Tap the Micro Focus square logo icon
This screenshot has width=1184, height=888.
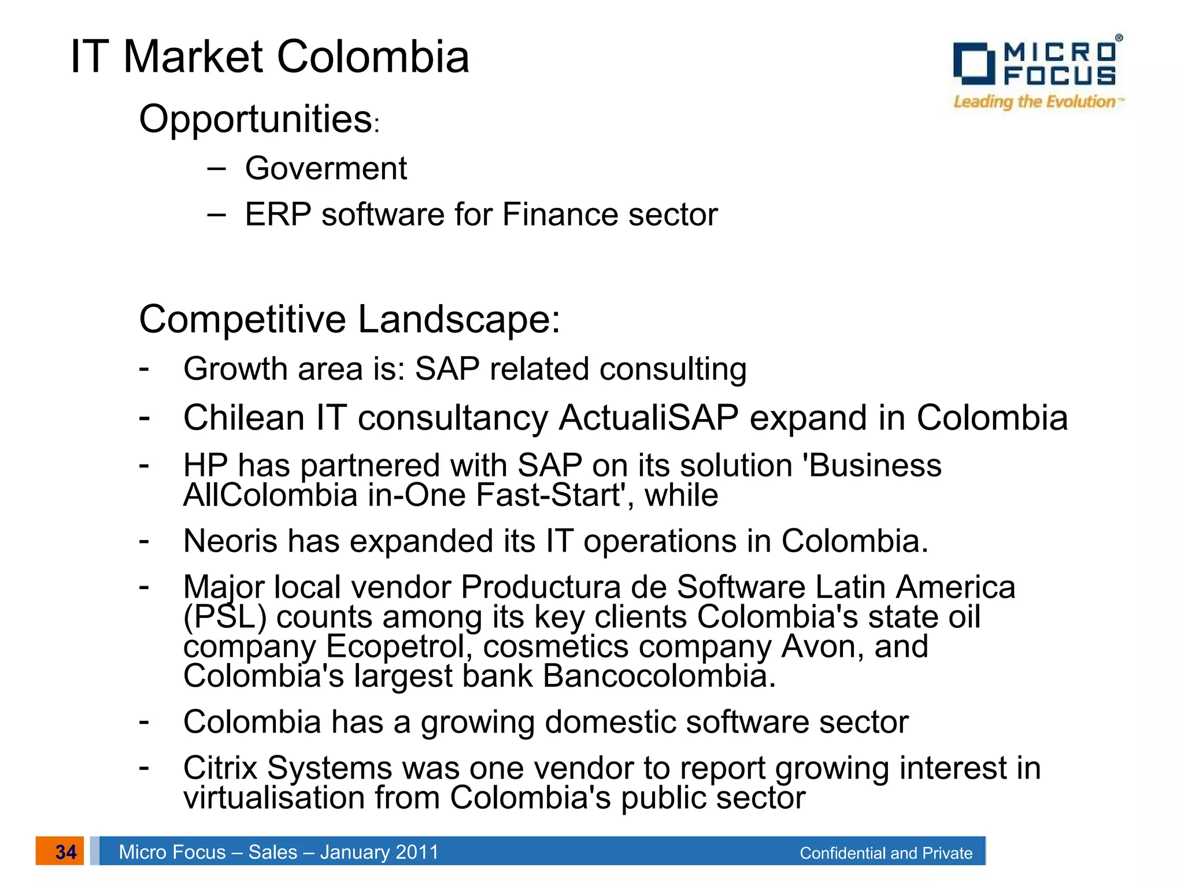click(x=974, y=63)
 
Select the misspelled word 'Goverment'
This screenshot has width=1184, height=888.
click(x=326, y=168)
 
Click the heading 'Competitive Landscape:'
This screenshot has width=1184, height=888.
click(x=349, y=319)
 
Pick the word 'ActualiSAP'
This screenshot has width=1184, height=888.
click(x=649, y=417)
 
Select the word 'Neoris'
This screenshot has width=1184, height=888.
click(x=231, y=541)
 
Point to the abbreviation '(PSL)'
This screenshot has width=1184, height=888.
click(x=225, y=617)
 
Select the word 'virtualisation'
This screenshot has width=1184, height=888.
click(x=274, y=798)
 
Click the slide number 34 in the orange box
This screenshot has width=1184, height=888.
click(x=65, y=852)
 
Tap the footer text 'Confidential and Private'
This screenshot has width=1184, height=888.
click(x=886, y=853)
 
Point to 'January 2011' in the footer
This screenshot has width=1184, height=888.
click(x=379, y=852)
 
